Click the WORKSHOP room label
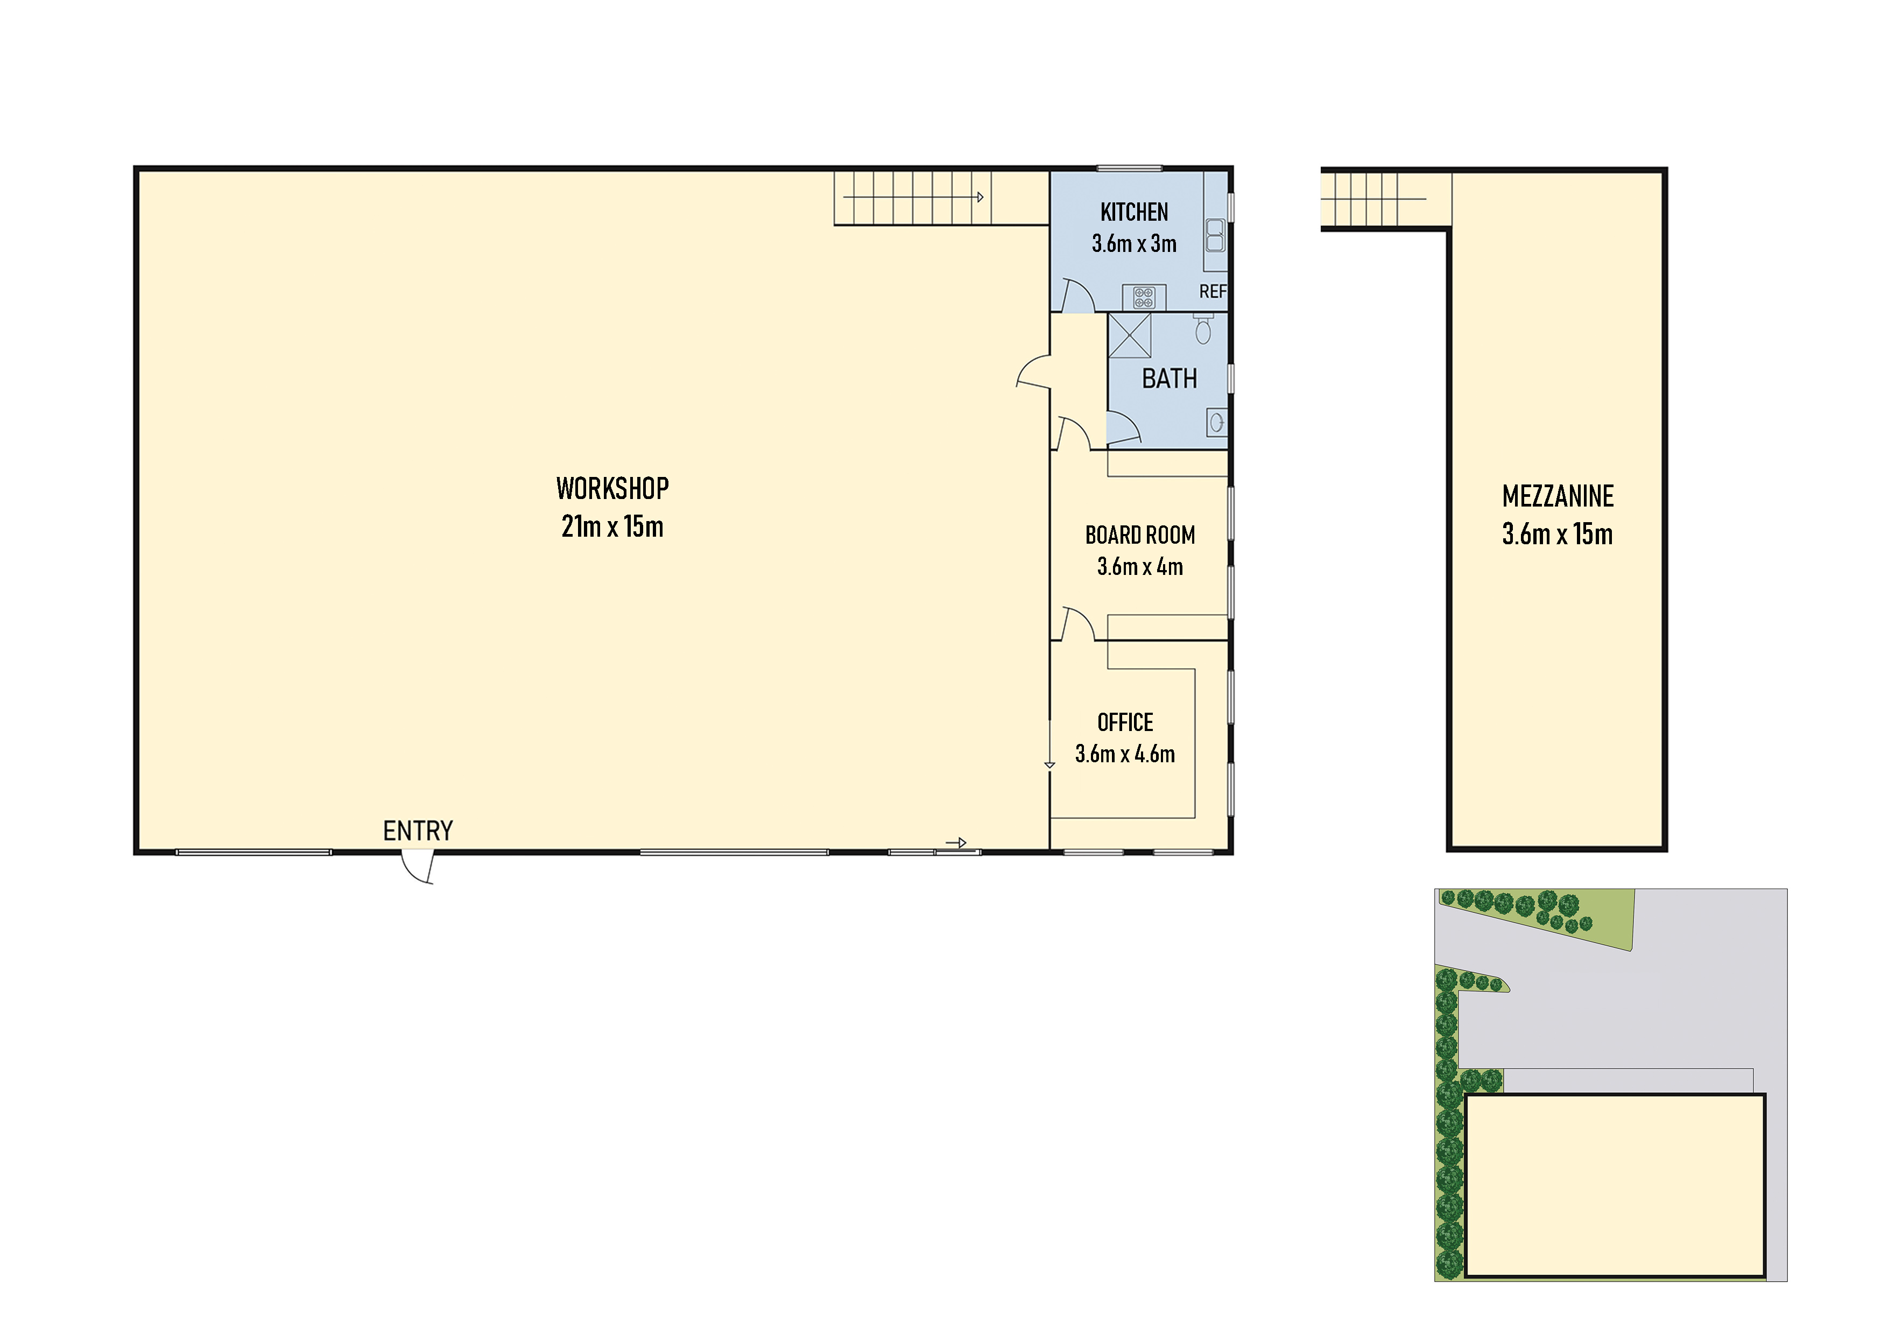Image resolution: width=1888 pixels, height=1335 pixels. [x=612, y=489]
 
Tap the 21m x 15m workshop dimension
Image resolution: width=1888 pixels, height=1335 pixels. [x=612, y=526]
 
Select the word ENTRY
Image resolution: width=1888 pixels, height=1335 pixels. [x=418, y=831]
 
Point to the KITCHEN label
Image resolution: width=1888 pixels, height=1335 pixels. [x=1134, y=212]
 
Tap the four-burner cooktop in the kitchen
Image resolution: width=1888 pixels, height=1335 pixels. [x=1144, y=297]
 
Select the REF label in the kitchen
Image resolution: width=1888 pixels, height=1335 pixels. [x=1212, y=291]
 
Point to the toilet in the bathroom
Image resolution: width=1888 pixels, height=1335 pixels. [x=1203, y=331]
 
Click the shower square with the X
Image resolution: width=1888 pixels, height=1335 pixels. [x=1129, y=335]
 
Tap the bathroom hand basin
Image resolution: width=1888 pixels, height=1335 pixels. [x=1216, y=423]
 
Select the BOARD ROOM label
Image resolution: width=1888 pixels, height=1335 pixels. [x=1140, y=536]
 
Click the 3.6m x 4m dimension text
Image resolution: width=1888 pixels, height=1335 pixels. [x=1140, y=567]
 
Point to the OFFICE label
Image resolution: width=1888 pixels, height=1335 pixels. [x=1125, y=723]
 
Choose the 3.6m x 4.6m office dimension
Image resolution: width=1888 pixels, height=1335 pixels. [x=1125, y=754]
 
